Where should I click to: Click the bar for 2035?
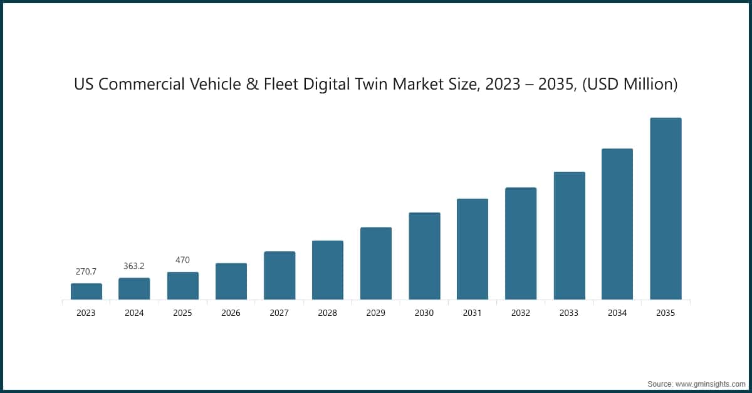click(x=666, y=209)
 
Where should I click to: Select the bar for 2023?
click(x=86, y=291)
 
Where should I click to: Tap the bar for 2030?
click(x=424, y=256)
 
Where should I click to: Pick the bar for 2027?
click(x=279, y=275)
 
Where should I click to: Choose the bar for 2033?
click(x=569, y=236)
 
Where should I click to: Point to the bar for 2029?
click(x=376, y=263)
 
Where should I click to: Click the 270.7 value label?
click(x=86, y=272)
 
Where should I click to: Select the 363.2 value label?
click(x=134, y=266)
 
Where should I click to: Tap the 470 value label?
click(x=182, y=260)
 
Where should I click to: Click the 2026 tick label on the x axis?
click(x=231, y=313)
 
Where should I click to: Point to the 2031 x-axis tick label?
click(x=473, y=313)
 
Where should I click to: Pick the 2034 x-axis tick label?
click(x=617, y=313)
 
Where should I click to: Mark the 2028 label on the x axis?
click(x=327, y=313)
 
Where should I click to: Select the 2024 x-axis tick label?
click(x=134, y=313)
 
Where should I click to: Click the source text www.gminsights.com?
click(x=710, y=382)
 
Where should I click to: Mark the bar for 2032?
click(x=521, y=243)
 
